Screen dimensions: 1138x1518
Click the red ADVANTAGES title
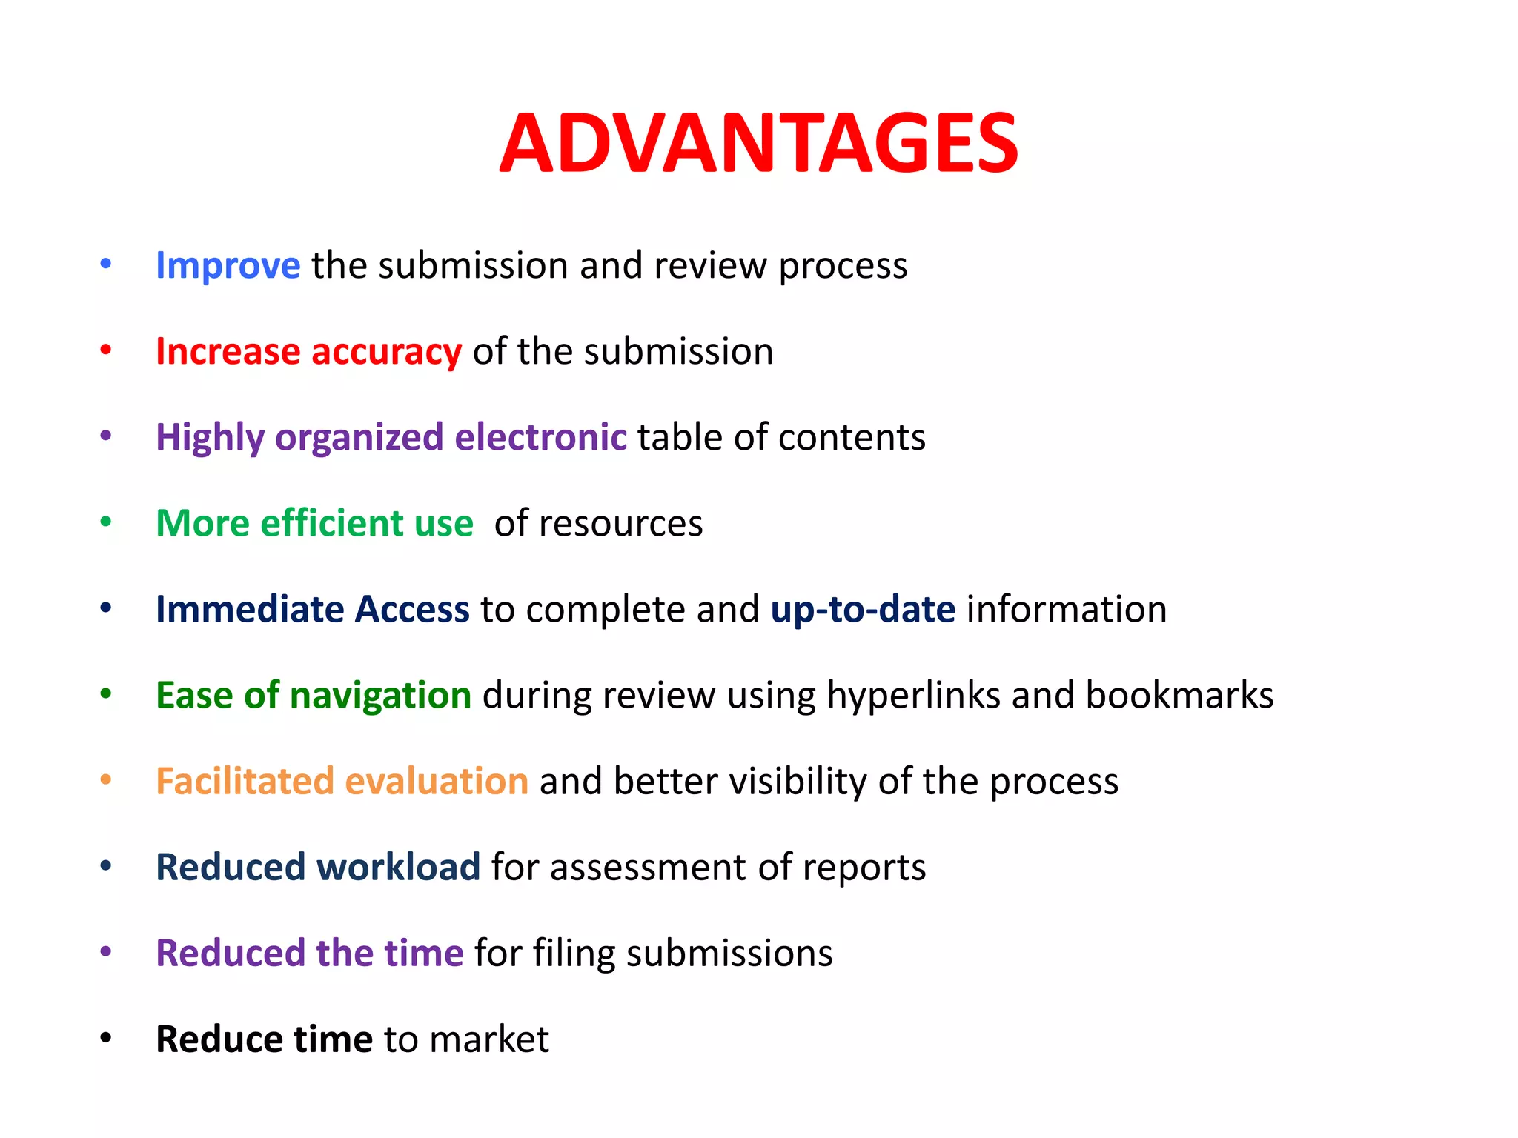coord(759,144)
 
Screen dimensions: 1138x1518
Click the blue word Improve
coord(228,266)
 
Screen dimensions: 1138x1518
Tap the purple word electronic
coord(540,437)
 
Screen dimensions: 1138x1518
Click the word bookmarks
coord(1179,696)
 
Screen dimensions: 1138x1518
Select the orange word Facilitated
coord(245,782)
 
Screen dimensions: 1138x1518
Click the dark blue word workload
coord(399,868)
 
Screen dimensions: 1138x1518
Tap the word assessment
coord(649,868)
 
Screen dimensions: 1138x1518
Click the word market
coord(489,1039)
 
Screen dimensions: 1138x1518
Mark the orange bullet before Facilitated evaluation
coord(106,780)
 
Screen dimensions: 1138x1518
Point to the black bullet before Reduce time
coord(106,1038)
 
